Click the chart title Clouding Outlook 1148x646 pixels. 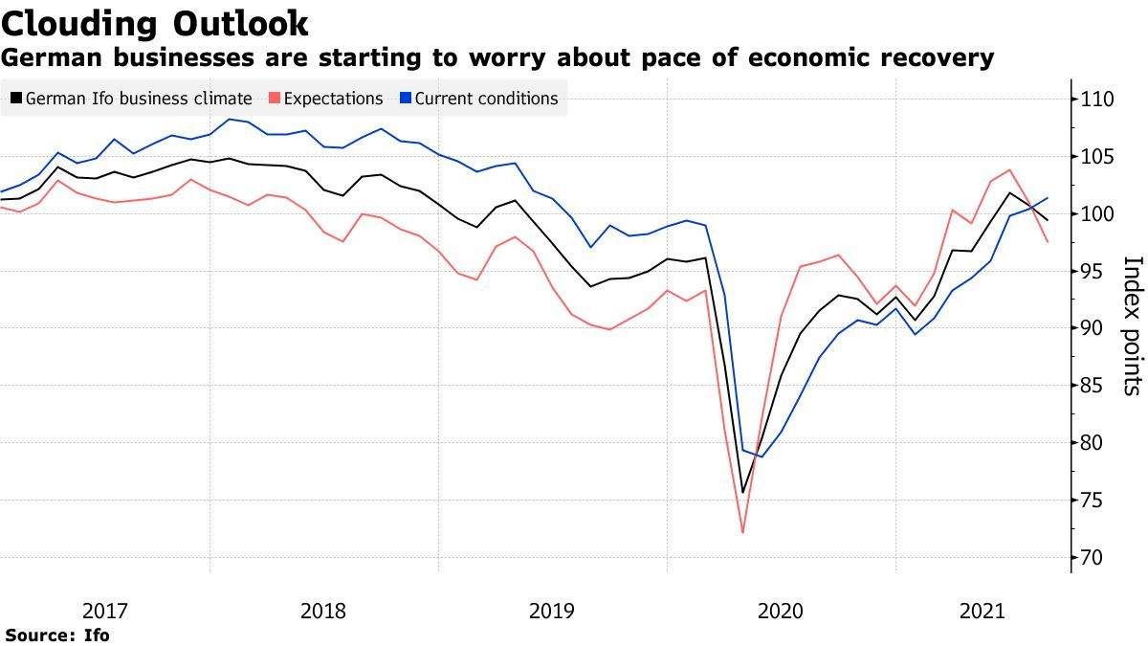pos(155,22)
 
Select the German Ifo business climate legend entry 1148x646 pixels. pos(138,99)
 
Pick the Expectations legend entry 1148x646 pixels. pos(333,99)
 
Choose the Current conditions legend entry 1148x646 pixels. pos(486,99)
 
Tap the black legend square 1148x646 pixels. pos(14,99)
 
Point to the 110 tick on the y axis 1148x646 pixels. pos(1101,100)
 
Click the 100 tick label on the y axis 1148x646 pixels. pos(1101,214)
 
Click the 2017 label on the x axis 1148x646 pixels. pos(105,611)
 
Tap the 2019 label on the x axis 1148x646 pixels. pos(552,611)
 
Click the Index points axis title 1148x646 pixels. pos(1131,325)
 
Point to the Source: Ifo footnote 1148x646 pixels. pos(57,635)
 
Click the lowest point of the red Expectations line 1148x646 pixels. pos(742,532)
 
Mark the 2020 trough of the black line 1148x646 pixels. pos(742,493)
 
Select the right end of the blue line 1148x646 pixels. pos(1048,198)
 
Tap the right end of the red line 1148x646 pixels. pos(1048,242)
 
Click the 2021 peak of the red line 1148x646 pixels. pos(1010,170)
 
